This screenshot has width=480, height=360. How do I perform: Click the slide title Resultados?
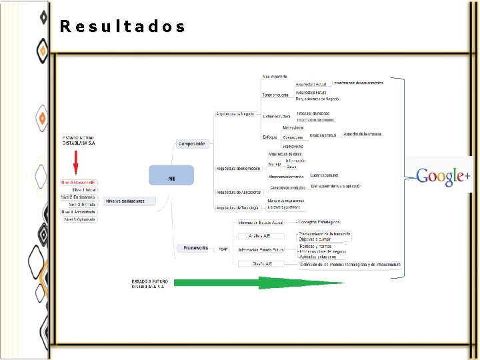click(x=123, y=27)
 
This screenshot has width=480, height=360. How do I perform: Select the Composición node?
click(x=193, y=143)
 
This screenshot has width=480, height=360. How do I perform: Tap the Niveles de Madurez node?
click(x=129, y=201)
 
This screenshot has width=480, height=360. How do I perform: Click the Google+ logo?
click(x=443, y=176)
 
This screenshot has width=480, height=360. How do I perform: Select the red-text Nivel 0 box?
click(x=79, y=181)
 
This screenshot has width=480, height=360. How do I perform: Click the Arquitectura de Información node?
click(x=239, y=168)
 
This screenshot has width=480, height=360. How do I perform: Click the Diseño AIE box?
click(x=258, y=263)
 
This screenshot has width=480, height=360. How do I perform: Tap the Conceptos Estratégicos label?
click(x=319, y=222)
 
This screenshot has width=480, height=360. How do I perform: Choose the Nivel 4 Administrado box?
click(x=79, y=212)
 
